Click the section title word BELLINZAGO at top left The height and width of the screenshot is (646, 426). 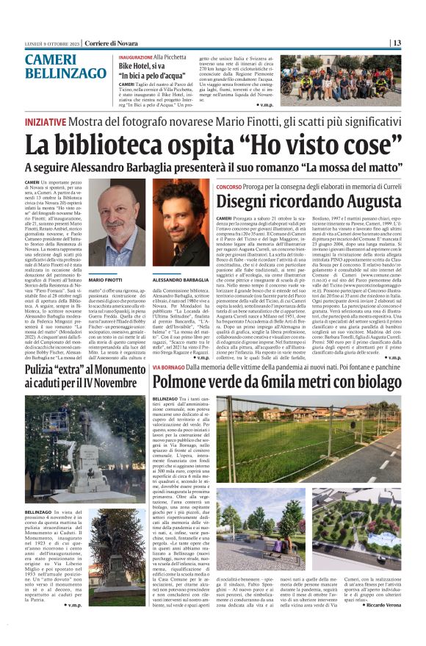pos(65,74)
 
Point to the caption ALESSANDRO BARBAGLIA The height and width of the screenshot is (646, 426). pos(178,281)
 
